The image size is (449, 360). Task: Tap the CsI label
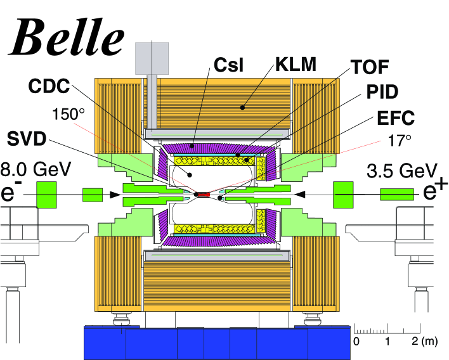pyautogui.click(x=228, y=65)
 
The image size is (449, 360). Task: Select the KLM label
pyautogui.click(x=296, y=65)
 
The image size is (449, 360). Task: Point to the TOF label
pyautogui.click(x=370, y=67)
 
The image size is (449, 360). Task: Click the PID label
pyautogui.click(x=382, y=92)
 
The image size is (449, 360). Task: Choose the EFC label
pyautogui.click(x=396, y=118)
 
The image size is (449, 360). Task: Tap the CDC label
pyautogui.click(x=49, y=86)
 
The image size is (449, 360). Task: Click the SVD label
pyautogui.click(x=27, y=139)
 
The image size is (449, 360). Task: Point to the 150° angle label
pyautogui.click(x=68, y=114)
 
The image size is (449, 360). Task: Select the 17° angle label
pyautogui.click(x=400, y=141)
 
